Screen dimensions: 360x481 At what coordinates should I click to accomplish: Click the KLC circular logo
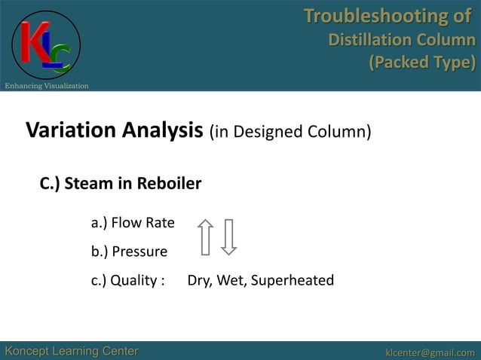[x=45, y=44]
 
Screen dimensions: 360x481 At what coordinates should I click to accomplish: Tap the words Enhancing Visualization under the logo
[x=47, y=86]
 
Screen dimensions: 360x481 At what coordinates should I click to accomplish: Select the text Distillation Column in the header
[x=402, y=39]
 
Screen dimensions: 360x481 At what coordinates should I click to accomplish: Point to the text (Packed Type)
[x=421, y=62]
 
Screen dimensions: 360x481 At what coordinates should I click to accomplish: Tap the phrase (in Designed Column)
[x=290, y=133]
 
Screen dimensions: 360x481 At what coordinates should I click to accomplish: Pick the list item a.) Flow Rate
[x=133, y=223]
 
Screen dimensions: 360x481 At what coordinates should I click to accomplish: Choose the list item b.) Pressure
[x=129, y=252]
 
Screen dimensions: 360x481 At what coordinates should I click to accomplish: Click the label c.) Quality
[x=128, y=281]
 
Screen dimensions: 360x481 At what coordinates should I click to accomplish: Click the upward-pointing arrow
[x=205, y=236]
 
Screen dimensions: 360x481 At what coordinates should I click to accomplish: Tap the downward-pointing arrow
[x=230, y=236]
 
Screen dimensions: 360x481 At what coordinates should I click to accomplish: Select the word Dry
[x=200, y=281]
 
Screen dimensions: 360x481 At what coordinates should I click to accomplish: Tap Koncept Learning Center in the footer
[x=72, y=351]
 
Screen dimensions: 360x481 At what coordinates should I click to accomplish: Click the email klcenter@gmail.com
[x=430, y=352]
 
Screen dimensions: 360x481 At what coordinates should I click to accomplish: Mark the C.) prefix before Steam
[x=50, y=184]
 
